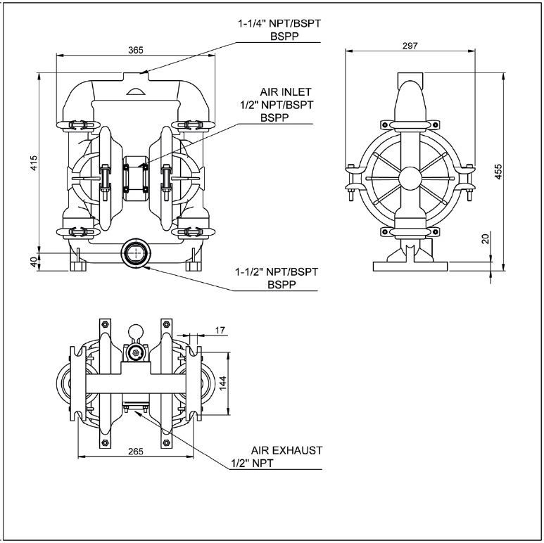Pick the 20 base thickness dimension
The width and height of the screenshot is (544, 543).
pos(485,240)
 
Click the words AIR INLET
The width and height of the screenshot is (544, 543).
pos(284,92)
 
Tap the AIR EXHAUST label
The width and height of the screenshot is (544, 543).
pos(286,449)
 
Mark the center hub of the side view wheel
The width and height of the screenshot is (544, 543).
pos(410,177)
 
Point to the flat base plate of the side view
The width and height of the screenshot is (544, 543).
pos(410,266)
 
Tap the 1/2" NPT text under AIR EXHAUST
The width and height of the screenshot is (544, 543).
pos(252,464)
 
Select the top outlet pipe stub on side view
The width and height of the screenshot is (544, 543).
pos(410,77)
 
